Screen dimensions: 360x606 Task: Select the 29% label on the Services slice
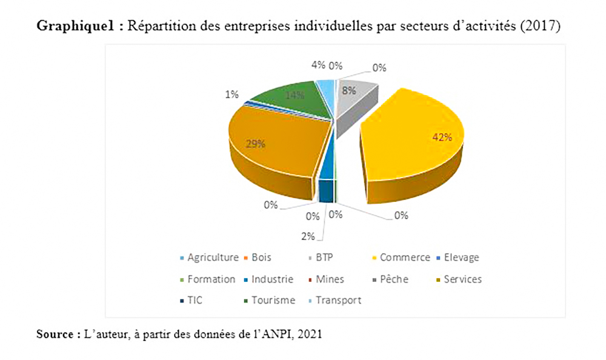(x=255, y=144)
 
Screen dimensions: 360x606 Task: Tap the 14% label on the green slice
(x=295, y=95)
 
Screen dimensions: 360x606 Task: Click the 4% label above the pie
(x=317, y=65)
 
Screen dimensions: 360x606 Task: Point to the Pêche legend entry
(x=393, y=279)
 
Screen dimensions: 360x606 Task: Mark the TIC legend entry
(x=196, y=300)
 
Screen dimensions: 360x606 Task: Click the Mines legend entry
(x=331, y=279)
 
